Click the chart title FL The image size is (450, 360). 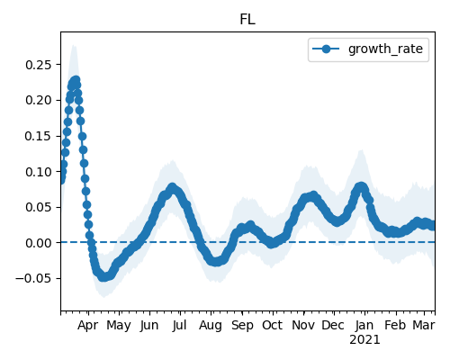click(247, 20)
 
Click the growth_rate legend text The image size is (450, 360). click(385, 49)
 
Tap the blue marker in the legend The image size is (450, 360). click(326, 49)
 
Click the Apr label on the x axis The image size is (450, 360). click(87, 326)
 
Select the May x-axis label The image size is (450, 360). click(119, 326)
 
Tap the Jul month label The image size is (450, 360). click(180, 325)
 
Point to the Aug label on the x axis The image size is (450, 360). click(211, 326)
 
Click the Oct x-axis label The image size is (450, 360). click(273, 325)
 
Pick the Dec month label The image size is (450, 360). click(334, 325)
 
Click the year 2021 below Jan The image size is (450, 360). click(364, 340)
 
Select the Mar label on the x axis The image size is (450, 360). click(424, 325)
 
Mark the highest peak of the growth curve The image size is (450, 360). click(76, 80)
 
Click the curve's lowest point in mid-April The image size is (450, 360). click(103, 277)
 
